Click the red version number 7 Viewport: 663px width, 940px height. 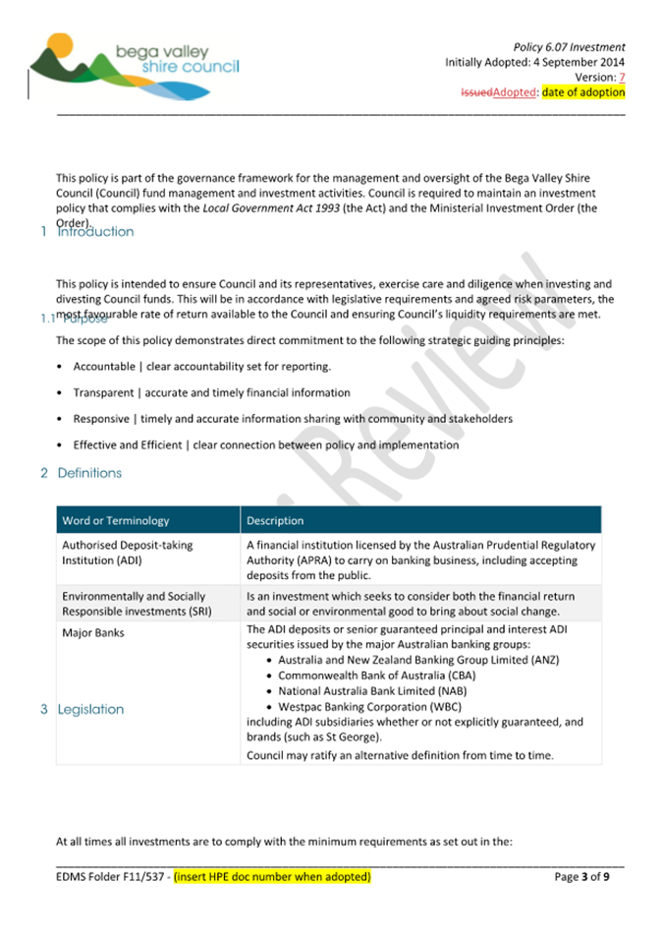coord(621,77)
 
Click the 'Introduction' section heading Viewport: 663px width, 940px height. coord(95,232)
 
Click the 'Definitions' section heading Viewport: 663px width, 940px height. coord(89,473)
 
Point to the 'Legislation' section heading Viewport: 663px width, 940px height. coord(90,709)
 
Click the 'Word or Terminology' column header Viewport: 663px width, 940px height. coord(116,520)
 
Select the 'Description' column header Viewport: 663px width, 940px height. coord(275,520)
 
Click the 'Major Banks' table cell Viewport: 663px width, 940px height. coord(93,632)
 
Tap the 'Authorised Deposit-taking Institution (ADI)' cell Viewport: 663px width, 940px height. coord(128,552)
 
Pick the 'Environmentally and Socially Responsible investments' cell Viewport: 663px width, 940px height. coord(134,603)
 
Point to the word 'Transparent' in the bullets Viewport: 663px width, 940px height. coord(103,392)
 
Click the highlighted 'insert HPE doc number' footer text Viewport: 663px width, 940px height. coord(272,876)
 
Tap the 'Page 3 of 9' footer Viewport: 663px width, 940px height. coord(581,876)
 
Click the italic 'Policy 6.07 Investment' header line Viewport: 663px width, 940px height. coord(569,46)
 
